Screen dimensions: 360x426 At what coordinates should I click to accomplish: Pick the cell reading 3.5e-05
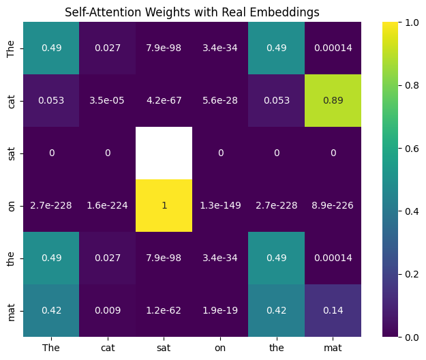[x=108, y=100]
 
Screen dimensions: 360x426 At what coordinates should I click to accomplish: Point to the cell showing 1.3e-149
[x=220, y=205]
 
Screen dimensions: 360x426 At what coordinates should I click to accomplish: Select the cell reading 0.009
[x=108, y=310]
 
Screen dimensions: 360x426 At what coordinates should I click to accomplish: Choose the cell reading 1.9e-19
[x=220, y=310]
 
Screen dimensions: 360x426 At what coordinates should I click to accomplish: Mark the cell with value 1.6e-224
[x=108, y=205]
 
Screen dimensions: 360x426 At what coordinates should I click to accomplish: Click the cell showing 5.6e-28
[x=220, y=100]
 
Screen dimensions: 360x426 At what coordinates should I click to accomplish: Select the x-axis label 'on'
[x=220, y=347]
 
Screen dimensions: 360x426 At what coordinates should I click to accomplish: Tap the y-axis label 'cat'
[x=11, y=100]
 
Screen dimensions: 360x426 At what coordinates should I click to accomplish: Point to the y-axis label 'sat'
[x=11, y=152]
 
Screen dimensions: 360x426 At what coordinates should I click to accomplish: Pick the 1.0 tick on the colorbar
[x=402, y=22]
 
